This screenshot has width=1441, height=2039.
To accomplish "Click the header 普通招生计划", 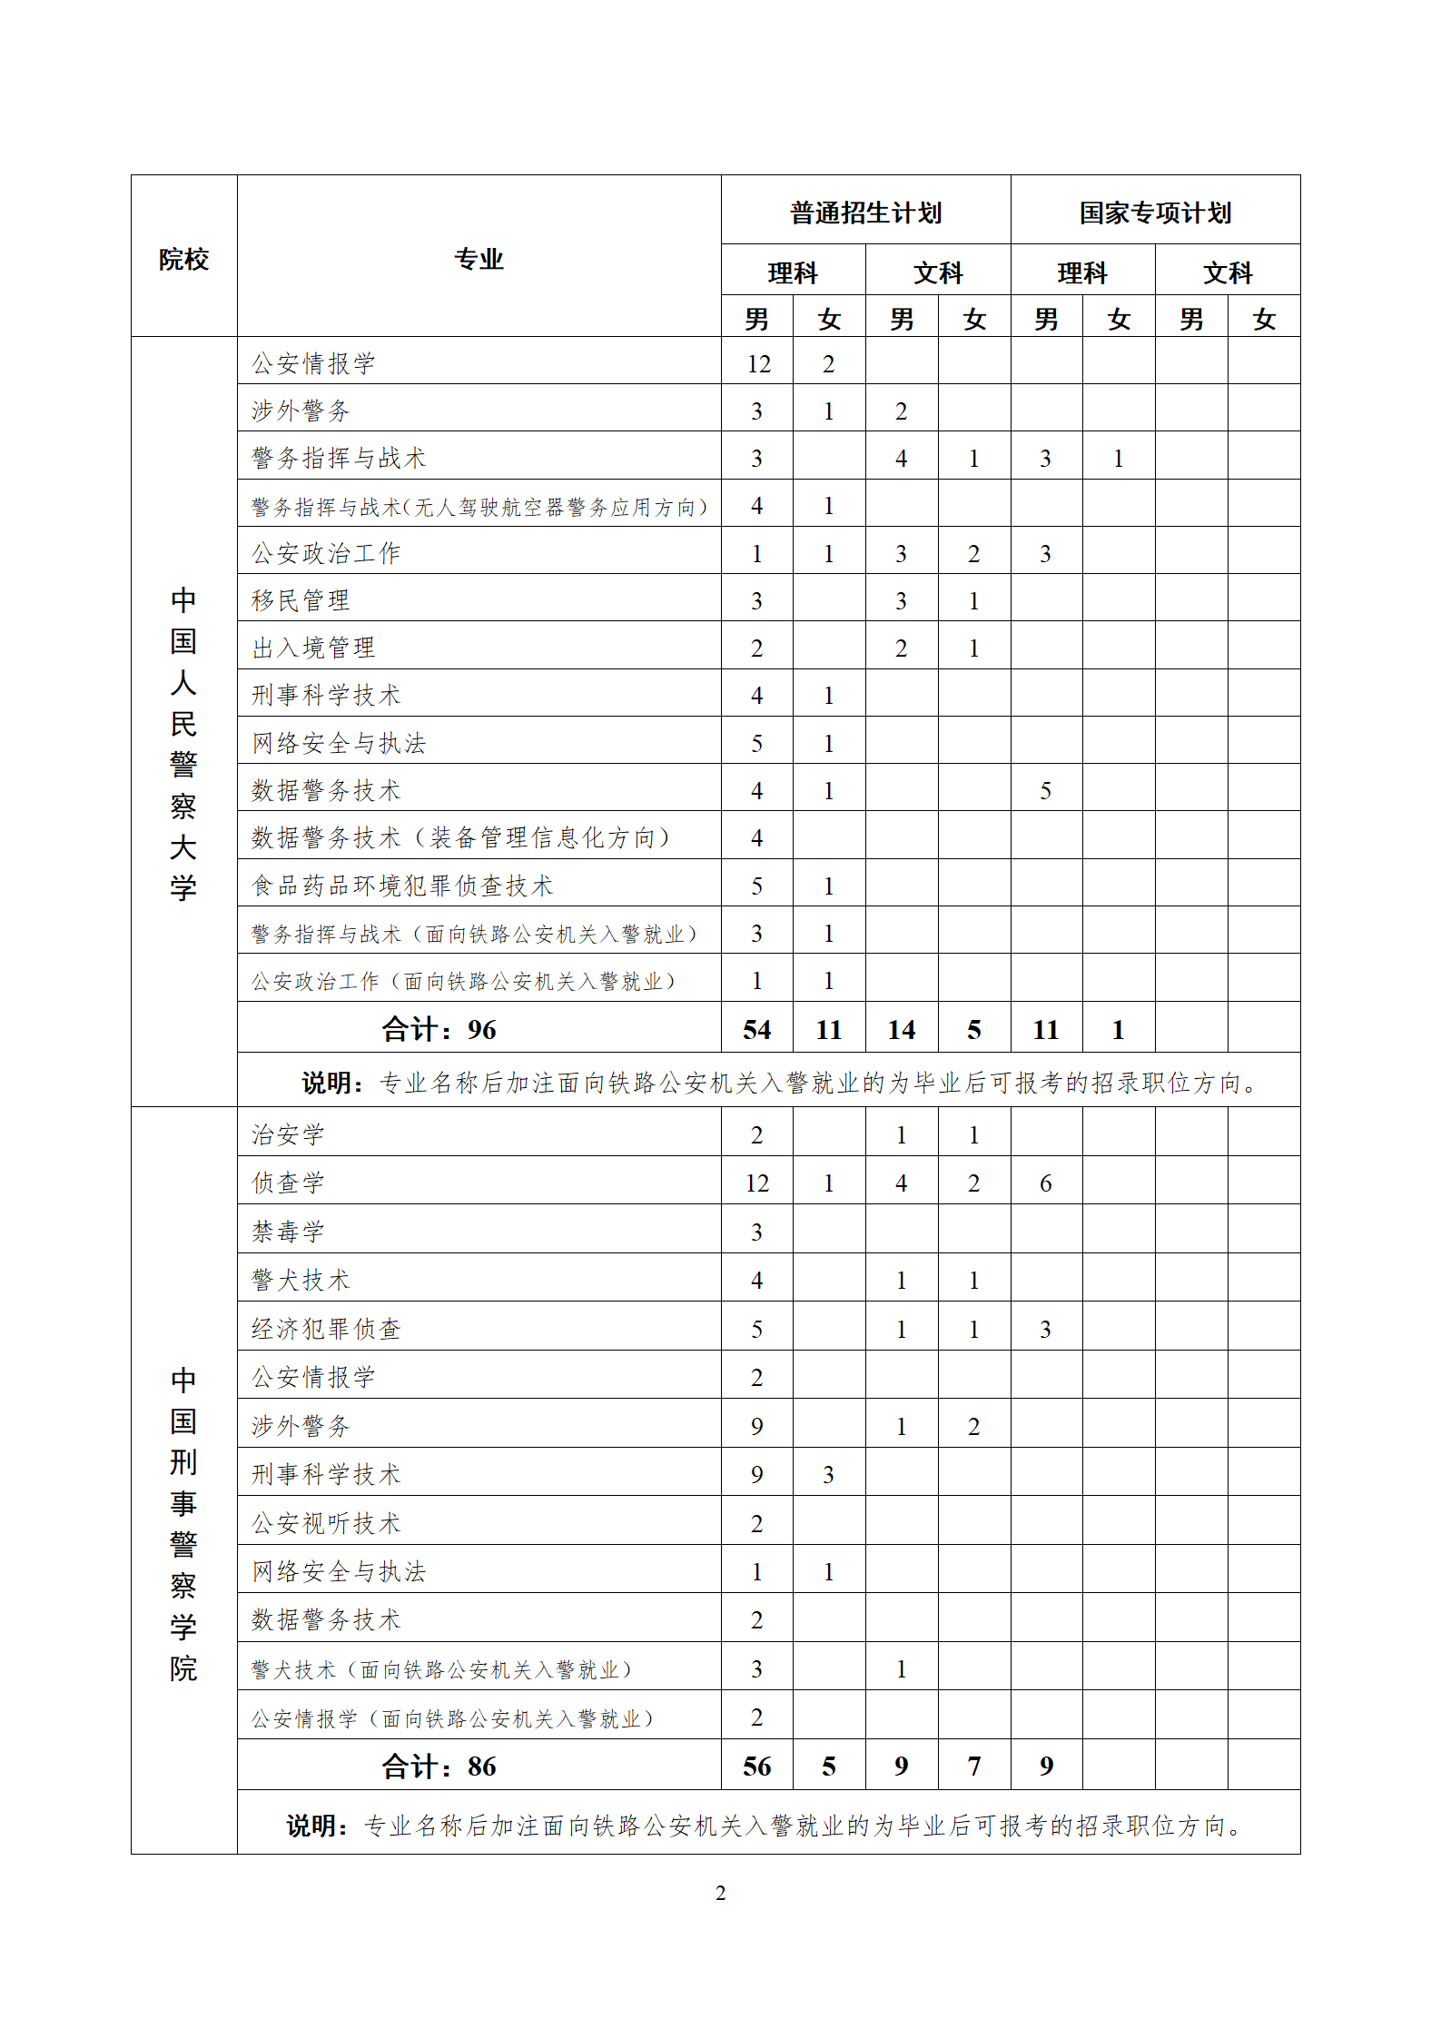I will [865, 213].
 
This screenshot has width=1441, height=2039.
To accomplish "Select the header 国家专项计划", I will [1155, 213].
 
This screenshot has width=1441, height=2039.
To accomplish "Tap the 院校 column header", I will [183, 260].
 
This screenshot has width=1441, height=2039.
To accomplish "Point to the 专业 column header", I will [479, 260].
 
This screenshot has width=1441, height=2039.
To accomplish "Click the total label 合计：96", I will [439, 1029].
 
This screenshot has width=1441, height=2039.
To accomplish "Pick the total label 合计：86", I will [439, 1766].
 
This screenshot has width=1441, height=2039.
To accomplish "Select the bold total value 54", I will [756, 1029].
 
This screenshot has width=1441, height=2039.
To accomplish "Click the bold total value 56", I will [756, 1766].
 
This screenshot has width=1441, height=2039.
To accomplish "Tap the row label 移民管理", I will [301, 600].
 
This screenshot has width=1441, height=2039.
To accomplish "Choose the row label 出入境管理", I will [313, 648].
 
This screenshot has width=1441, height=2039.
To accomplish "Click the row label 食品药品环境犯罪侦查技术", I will [401, 886].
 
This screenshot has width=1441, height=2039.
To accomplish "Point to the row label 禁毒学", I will [288, 1232].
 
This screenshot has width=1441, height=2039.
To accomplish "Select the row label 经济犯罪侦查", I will [326, 1329].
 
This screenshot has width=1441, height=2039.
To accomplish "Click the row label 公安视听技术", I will [326, 1523].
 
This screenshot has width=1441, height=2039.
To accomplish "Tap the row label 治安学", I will [288, 1134].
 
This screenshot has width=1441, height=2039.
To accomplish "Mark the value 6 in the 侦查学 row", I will [1045, 1183].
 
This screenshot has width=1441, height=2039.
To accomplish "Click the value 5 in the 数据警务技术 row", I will [1045, 791].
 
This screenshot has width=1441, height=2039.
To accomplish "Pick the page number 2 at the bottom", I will [720, 1893].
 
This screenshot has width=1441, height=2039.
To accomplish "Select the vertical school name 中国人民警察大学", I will [183, 743].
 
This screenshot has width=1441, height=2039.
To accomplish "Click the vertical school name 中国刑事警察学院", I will [183, 1524].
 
